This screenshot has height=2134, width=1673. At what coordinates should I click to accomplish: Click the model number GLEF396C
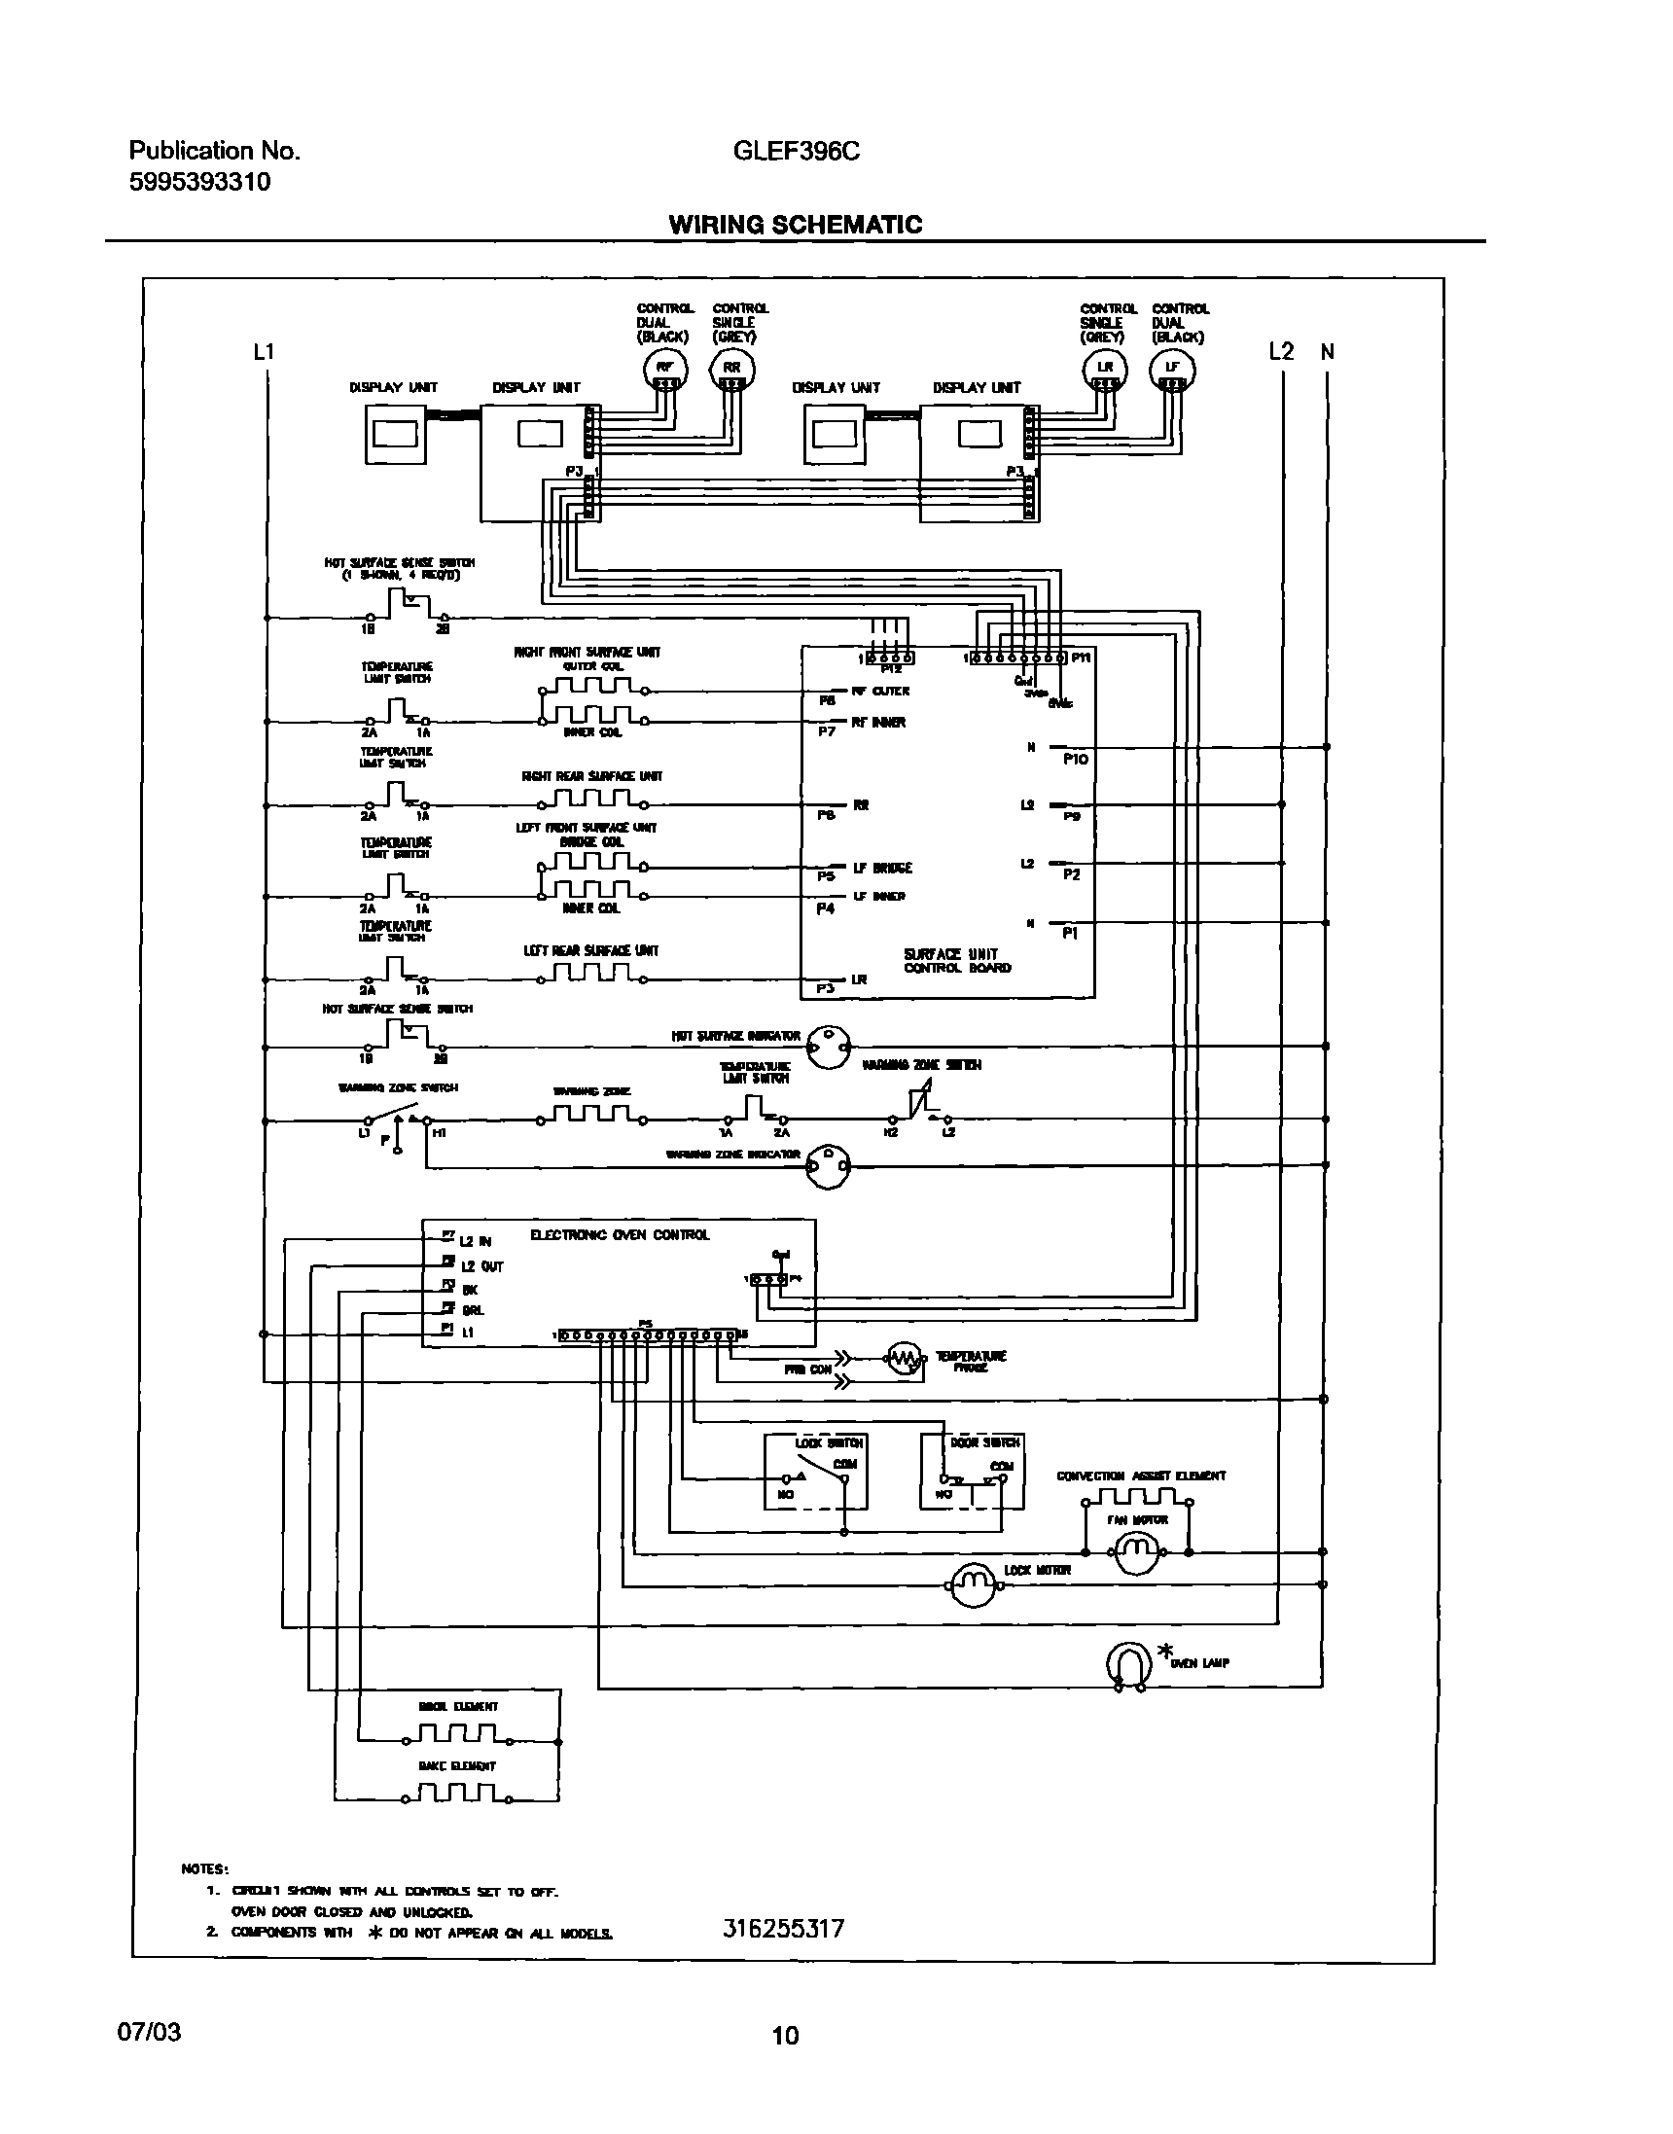(796, 151)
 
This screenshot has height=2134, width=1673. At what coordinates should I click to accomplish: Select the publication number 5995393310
(199, 182)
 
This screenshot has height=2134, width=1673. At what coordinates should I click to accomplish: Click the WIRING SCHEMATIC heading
(795, 225)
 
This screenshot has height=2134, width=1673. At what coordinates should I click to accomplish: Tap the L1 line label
(264, 351)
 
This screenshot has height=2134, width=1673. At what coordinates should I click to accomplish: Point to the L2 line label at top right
(1281, 351)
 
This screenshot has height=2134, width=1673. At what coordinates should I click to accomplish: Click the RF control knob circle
(665, 370)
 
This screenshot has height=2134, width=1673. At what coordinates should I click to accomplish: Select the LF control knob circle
(1172, 370)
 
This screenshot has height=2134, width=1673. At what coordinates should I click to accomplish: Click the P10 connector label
(1075, 759)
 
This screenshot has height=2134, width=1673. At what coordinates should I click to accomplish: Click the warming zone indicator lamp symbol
(828, 1165)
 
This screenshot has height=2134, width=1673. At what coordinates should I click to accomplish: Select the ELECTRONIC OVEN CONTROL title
(619, 1235)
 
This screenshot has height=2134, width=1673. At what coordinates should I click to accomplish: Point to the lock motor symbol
(972, 1583)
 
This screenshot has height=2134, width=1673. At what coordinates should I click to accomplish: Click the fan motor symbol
(1135, 1551)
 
